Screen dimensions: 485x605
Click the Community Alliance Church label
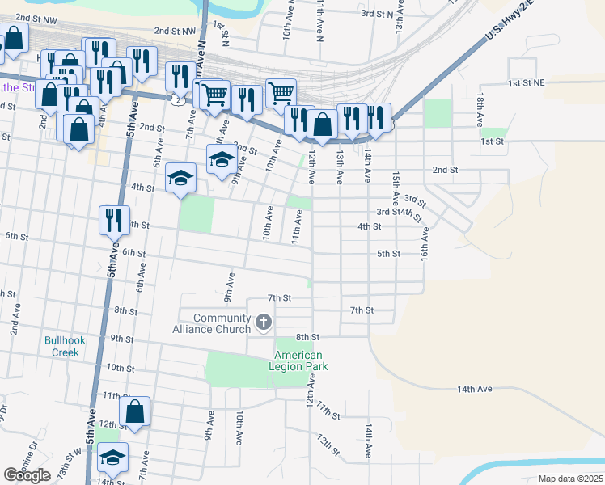(x=212, y=323)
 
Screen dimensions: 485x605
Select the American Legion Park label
(x=298, y=361)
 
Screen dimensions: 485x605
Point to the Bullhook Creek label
(x=61, y=346)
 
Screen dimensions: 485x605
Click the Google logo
(x=27, y=475)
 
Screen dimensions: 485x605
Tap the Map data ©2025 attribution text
(x=570, y=479)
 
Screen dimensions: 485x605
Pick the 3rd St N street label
(x=376, y=14)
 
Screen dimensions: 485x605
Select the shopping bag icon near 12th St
(x=136, y=411)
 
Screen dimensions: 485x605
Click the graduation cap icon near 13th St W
(x=113, y=458)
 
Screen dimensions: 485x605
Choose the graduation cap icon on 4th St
(x=181, y=178)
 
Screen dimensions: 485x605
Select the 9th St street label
(x=122, y=339)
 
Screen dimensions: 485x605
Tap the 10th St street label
(x=120, y=368)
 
